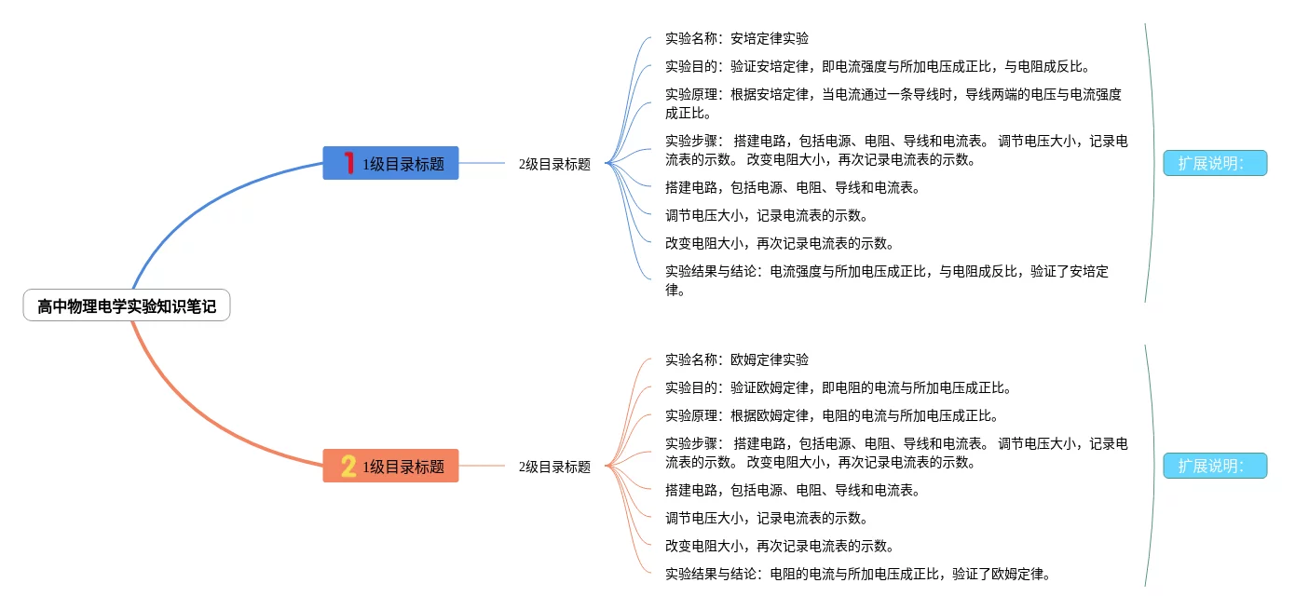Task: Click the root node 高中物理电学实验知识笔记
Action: (x=127, y=305)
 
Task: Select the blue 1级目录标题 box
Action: (x=390, y=164)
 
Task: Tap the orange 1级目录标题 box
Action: (x=390, y=467)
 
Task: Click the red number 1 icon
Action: (x=348, y=164)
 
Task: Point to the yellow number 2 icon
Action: (x=348, y=467)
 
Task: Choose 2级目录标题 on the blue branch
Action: (x=554, y=164)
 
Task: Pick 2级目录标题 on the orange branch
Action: (x=554, y=467)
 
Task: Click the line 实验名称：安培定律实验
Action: (x=736, y=39)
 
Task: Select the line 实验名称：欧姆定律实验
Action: (x=736, y=359)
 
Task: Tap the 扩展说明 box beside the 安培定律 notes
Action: (x=1215, y=163)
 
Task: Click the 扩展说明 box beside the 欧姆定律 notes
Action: (x=1215, y=466)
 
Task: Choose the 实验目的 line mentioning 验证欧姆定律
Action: (x=838, y=387)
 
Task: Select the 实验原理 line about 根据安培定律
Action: (x=893, y=103)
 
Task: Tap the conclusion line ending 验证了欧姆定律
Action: (x=858, y=574)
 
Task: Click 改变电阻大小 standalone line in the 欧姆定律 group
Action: (x=780, y=546)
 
